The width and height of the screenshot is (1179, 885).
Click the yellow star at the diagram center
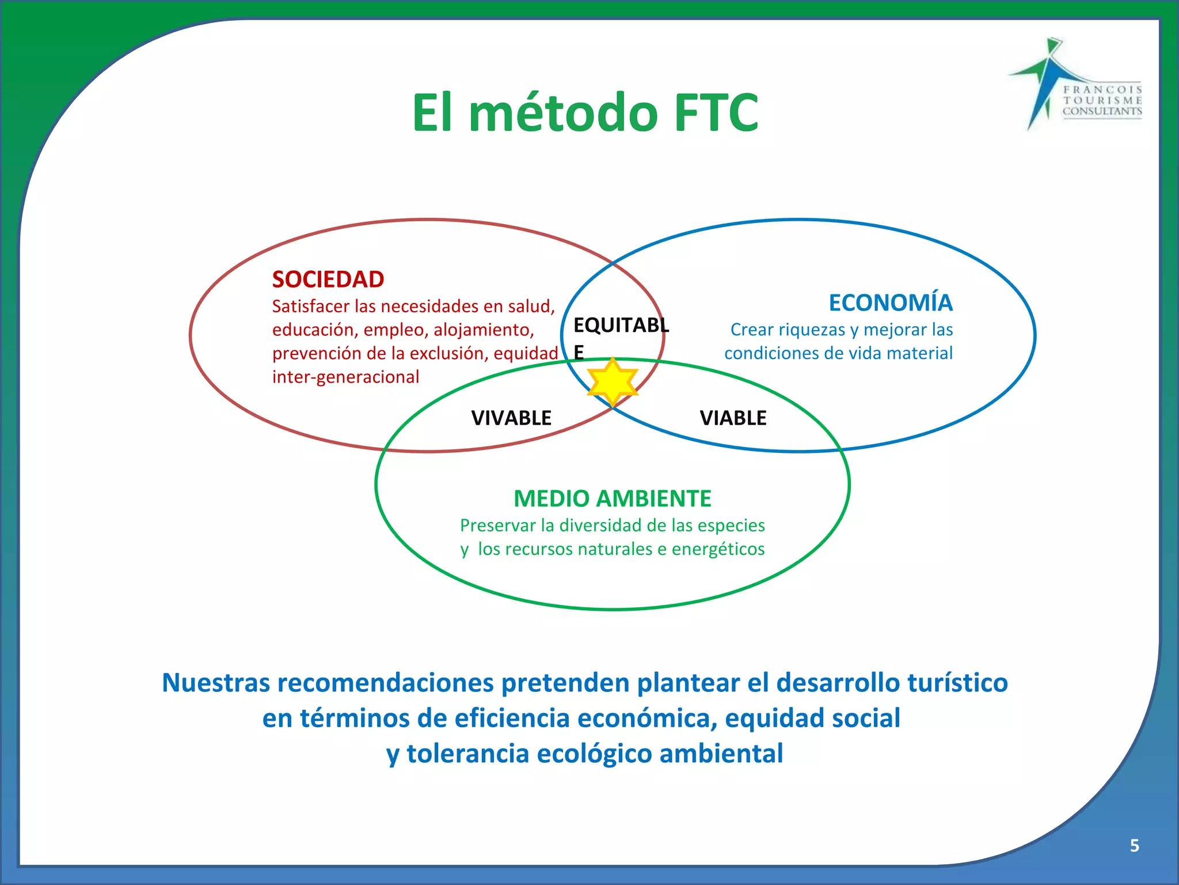click(x=613, y=381)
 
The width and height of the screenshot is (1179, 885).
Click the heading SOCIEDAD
click(x=328, y=279)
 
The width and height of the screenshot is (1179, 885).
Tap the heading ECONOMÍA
click(x=890, y=303)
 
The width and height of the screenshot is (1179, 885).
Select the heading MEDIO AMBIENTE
click(x=612, y=498)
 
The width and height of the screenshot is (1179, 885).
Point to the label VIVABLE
click(x=511, y=418)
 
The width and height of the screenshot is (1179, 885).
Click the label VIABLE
click(x=733, y=418)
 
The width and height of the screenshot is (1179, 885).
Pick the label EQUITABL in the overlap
click(x=621, y=326)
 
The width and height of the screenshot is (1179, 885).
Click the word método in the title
click(x=563, y=113)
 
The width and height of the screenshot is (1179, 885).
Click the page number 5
click(x=1134, y=845)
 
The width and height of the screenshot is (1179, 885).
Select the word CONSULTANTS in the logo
click(x=1102, y=111)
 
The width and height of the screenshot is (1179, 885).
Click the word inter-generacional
click(x=345, y=377)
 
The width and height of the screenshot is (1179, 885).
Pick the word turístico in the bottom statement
click(x=957, y=683)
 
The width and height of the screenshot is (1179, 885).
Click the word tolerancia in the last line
click(x=467, y=754)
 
